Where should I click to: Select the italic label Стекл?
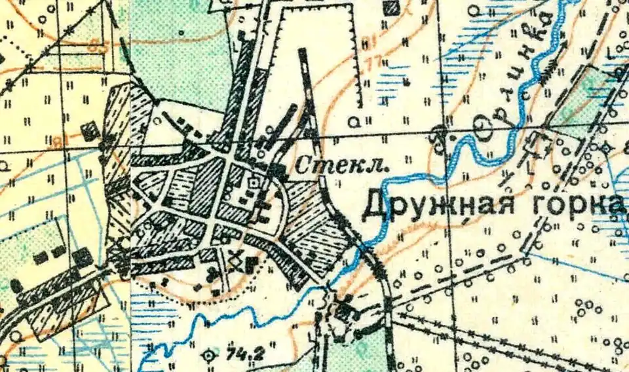point(341,166)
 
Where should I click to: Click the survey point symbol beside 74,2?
point(210,356)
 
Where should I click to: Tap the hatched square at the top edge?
point(392,8)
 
